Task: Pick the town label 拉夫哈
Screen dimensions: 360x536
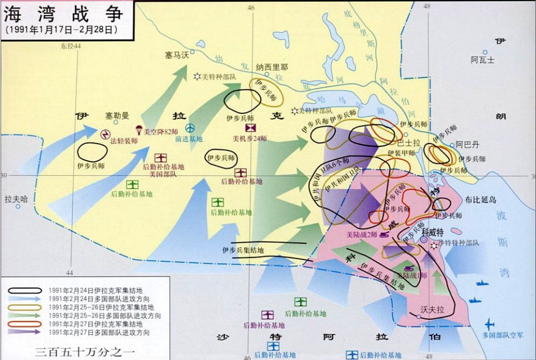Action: click(16, 198)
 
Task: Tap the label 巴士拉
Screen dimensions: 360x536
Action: click(408, 143)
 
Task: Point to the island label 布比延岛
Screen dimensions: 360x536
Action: click(480, 200)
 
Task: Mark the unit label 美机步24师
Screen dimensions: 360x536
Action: click(250, 138)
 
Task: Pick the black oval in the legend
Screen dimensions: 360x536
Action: click(25, 290)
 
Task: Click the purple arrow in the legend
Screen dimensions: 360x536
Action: click(25, 333)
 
